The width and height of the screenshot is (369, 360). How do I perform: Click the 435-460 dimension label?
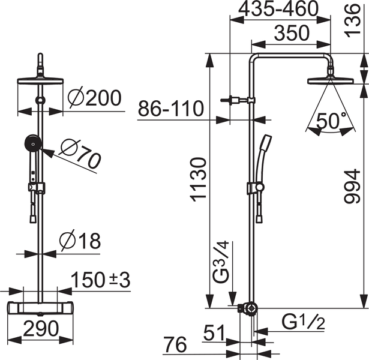point(278,9)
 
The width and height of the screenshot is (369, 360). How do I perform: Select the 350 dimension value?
point(292,33)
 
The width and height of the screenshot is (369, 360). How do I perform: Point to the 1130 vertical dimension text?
point(199,180)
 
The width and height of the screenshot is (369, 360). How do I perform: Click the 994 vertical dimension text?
point(352,186)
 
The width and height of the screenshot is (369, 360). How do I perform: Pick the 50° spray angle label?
point(331,120)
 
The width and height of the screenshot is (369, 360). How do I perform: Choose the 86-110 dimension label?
point(170,108)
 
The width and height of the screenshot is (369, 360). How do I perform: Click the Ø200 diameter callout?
point(94,98)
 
